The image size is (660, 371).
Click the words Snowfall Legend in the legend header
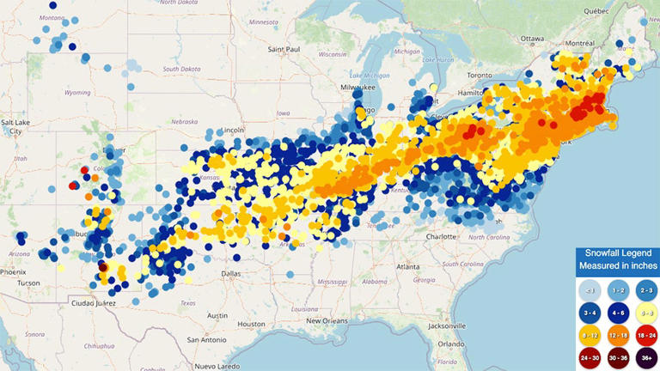[617, 253]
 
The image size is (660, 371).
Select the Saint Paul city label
[283, 50]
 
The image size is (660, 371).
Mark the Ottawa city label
[533, 39]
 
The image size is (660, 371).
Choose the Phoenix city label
[13, 271]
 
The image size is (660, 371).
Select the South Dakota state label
[181, 69]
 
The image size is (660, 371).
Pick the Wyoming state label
[76, 92]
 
